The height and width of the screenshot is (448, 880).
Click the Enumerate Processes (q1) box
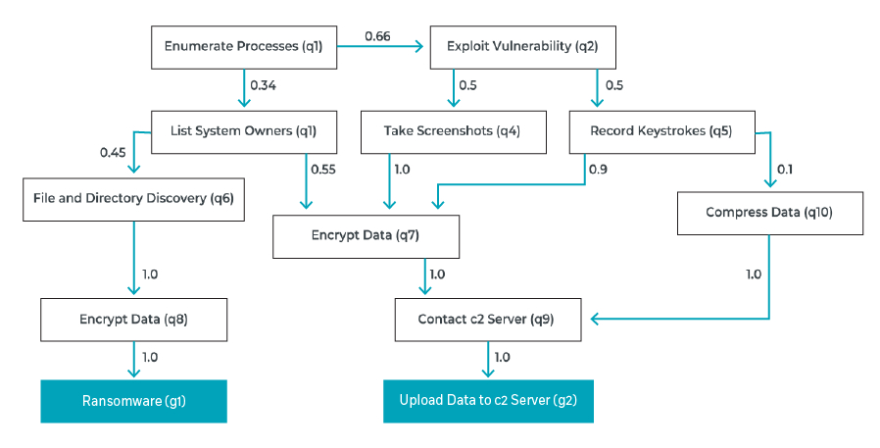(x=244, y=47)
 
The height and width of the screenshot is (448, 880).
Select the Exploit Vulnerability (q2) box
(x=522, y=47)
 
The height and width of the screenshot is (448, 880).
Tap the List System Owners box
(x=244, y=132)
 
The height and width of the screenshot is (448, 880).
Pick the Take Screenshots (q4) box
(x=453, y=132)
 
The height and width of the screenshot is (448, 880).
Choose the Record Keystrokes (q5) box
(x=661, y=132)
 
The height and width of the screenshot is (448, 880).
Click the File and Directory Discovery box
(x=133, y=199)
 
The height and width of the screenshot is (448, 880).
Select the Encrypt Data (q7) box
(x=366, y=236)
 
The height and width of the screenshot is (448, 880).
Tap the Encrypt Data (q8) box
(x=133, y=320)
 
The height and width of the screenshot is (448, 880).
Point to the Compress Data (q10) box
(x=770, y=213)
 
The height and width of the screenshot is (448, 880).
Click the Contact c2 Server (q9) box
(x=488, y=320)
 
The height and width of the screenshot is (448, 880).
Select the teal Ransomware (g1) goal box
(x=133, y=401)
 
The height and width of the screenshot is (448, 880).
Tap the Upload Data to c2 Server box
(x=488, y=401)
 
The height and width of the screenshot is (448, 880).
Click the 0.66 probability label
(x=377, y=36)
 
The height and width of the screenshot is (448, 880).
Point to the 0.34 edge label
(x=264, y=85)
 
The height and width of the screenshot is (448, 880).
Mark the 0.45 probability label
(x=113, y=153)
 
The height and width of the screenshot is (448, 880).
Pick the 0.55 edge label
(x=323, y=170)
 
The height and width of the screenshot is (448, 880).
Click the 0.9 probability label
(x=599, y=170)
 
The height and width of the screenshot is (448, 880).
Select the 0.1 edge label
(x=785, y=170)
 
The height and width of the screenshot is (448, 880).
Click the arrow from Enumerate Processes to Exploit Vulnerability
(x=380, y=47)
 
